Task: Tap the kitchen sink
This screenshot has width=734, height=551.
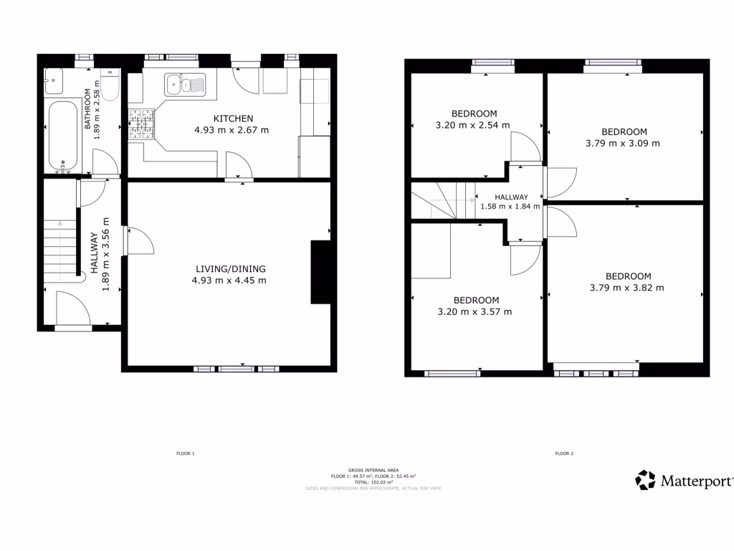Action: coord(184,85)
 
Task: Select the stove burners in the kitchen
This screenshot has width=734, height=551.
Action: coord(141,123)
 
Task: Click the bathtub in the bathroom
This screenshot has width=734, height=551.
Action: coord(63,136)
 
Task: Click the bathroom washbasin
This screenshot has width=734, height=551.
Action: coord(54,81)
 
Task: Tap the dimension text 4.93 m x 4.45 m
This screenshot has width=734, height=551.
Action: coord(229,281)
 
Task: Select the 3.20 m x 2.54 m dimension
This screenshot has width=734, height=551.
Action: coord(474,125)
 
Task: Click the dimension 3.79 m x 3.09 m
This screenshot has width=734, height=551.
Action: coord(624,143)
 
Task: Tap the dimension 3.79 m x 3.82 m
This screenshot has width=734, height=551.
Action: coord(628,288)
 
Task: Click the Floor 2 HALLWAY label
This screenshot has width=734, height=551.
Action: coord(511,197)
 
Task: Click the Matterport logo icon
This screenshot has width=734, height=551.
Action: coord(646,480)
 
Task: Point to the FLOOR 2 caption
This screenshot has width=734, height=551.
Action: coord(564,453)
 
